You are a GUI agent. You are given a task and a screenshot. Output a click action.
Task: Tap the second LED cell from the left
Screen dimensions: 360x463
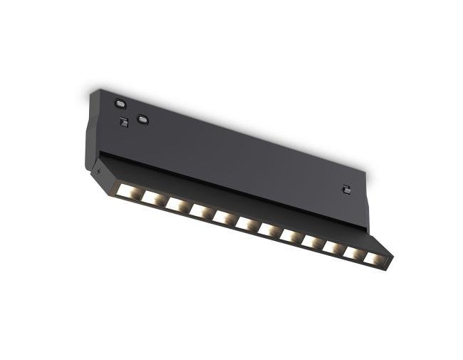point(153,197)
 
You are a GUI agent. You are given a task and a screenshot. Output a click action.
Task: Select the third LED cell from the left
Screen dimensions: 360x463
point(177,204)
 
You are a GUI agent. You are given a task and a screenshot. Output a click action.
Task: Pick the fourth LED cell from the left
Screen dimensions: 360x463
point(200,210)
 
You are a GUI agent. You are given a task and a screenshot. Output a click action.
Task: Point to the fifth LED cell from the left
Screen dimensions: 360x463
point(224,217)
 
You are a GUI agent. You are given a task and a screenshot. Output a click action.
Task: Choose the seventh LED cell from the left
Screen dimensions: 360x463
point(269,230)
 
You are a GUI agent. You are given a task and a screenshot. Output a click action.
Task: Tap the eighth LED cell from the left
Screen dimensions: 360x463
point(291,236)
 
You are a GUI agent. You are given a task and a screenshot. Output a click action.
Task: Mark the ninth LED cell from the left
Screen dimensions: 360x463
point(313,242)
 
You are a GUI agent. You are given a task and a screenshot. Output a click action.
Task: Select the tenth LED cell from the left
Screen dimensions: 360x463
point(333,248)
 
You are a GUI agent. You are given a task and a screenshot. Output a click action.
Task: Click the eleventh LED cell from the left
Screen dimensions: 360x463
point(354,254)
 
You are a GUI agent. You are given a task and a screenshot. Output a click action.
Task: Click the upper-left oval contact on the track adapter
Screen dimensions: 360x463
point(119,103)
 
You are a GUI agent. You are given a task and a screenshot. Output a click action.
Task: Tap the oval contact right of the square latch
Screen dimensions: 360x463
point(143,119)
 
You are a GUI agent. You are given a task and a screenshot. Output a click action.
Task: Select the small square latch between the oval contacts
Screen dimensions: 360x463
point(124,122)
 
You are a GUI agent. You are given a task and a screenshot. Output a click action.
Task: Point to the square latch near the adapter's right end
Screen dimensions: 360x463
point(346,189)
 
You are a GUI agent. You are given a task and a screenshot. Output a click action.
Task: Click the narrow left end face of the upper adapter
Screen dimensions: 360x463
point(90,139)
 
